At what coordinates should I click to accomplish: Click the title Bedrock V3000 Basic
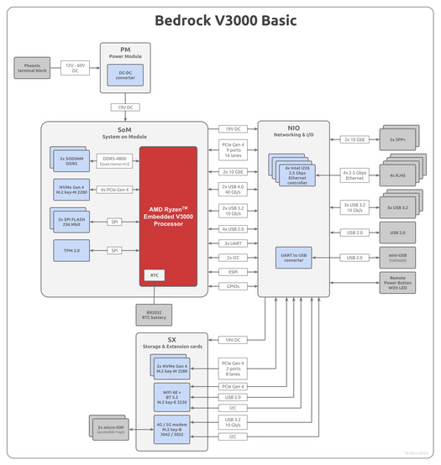(x=219, y=19)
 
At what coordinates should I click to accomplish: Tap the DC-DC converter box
(x=125, y=76)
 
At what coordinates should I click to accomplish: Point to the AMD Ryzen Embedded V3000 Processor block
(x=168, y=216)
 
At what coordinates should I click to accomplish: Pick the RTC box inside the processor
(x=154, y=274)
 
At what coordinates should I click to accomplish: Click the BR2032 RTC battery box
(x=154, y=314)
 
